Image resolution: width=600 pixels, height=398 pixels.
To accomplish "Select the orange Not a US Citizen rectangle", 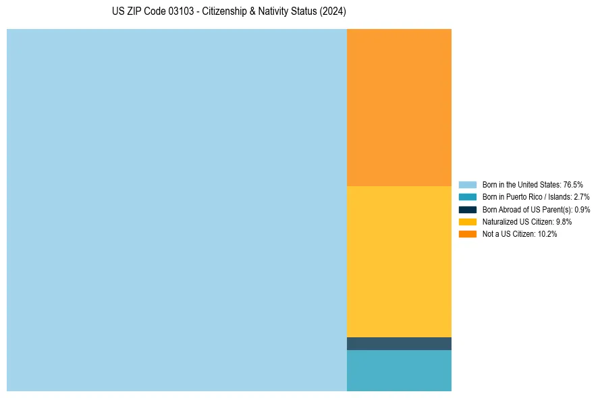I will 399,107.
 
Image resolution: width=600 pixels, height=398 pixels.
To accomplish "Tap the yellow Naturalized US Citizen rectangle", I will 399,261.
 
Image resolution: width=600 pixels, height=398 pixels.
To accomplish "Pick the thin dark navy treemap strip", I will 399,343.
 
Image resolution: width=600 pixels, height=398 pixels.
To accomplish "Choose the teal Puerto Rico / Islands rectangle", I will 399,370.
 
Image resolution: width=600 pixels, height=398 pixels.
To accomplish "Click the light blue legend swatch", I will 468,184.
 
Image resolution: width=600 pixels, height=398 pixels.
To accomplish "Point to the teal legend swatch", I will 468,197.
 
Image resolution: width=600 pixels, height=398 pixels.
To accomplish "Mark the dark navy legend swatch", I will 468,209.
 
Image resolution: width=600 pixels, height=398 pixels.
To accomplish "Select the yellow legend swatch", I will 468,221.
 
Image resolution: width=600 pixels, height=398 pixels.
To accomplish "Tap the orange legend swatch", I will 468,233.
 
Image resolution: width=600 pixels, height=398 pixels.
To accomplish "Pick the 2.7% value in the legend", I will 582,197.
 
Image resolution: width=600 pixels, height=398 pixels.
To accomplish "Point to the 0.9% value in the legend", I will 582,209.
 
